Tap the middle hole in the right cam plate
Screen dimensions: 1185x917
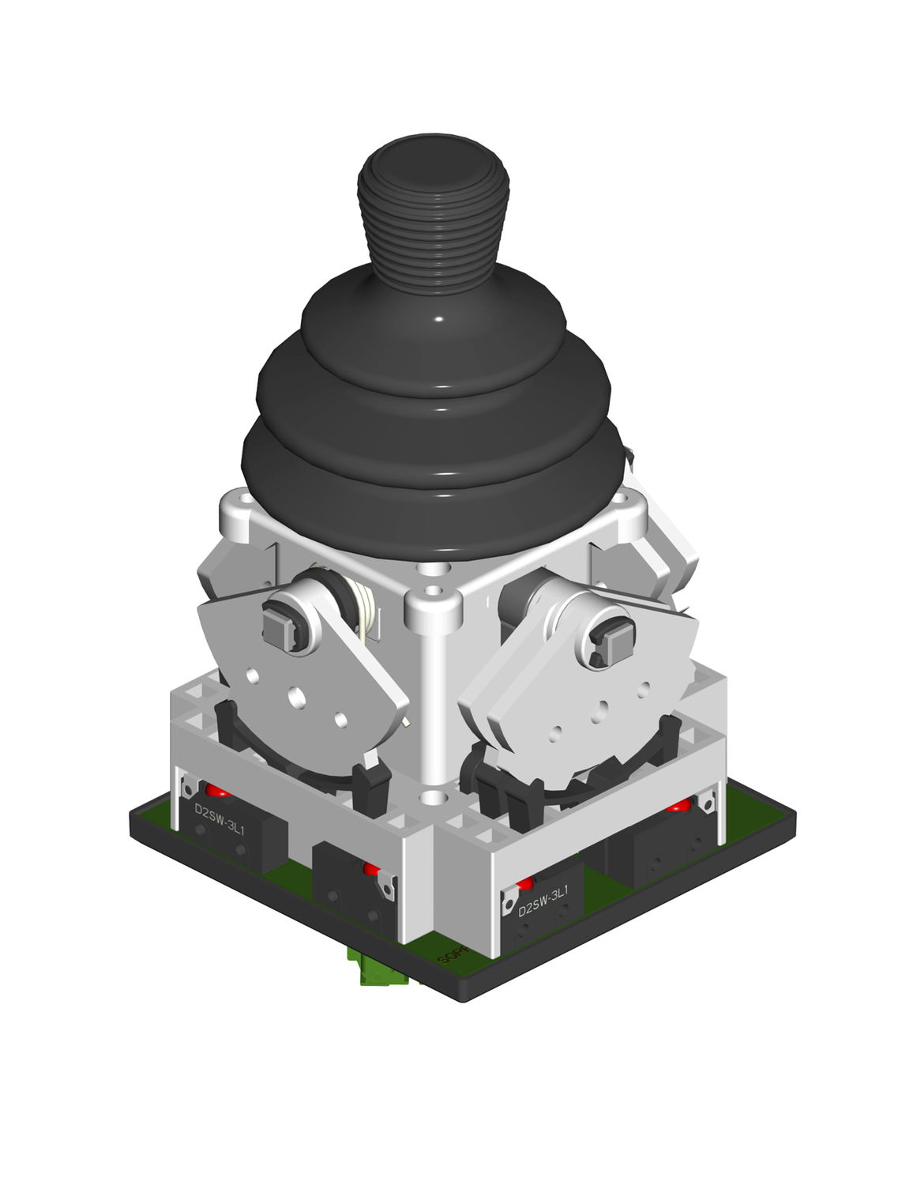(603, 706)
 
